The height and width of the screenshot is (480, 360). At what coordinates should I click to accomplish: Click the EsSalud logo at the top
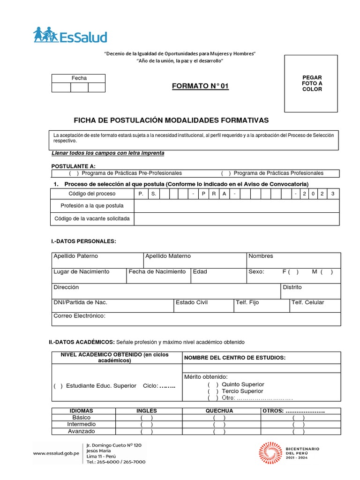pos(70,36)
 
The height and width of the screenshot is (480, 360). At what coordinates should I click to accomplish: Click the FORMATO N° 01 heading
pos(200,86)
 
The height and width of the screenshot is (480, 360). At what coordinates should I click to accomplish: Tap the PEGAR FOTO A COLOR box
pos(312,83)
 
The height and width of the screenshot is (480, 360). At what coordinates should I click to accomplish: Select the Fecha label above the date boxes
pos(79,78)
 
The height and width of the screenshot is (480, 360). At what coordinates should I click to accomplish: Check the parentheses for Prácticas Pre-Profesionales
pos(74,173)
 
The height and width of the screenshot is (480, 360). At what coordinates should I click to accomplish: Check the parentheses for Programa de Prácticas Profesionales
pos(225,173)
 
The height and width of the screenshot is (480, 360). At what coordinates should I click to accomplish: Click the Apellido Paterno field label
pos(75,256)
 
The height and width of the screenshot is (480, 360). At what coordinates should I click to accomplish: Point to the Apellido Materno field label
pos(168,256)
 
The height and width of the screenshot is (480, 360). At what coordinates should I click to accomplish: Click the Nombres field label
pos(261,256)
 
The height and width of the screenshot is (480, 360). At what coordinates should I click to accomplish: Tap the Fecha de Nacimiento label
pos(157,272)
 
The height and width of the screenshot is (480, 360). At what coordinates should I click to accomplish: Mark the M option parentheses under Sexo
pos(327,272)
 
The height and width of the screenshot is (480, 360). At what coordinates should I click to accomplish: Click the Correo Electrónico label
pos(80,316)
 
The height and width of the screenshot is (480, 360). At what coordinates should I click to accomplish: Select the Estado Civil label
pos(192,303)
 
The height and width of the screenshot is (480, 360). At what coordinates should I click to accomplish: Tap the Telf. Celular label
pos(307,303)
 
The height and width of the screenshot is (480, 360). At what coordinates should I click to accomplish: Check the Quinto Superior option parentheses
pos(213,384)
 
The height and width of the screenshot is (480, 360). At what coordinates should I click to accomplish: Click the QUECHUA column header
pos(219,411)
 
